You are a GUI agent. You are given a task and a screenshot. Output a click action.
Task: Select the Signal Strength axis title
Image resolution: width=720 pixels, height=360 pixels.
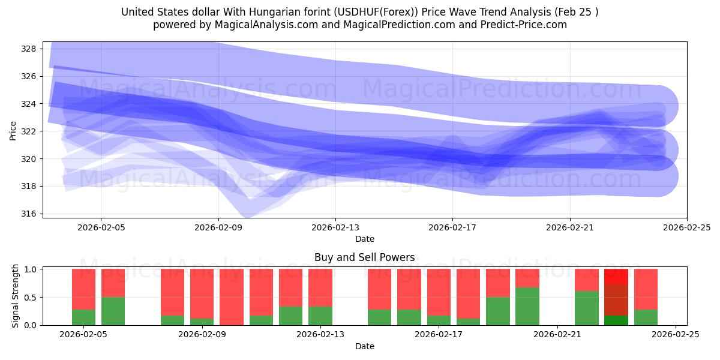[x=16, y=296]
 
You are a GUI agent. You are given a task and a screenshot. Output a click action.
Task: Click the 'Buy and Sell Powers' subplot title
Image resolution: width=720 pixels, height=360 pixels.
[x=364, y=257]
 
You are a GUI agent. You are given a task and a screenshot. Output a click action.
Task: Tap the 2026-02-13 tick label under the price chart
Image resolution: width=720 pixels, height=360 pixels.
[x=335, y=228]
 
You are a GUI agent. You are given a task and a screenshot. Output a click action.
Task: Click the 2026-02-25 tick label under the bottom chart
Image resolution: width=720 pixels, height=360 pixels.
[x=676, y=335]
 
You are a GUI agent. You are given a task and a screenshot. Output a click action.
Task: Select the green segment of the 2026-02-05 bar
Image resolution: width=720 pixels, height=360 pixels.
[x=83, y=317]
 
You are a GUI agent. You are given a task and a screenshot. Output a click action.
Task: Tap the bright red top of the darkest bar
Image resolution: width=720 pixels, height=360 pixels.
[x=616, y=277]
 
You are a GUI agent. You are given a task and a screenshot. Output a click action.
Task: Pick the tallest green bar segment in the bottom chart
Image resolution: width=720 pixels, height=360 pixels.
[x=527, y=306]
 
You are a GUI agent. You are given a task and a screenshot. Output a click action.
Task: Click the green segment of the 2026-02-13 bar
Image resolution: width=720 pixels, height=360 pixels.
[x=320, y=316]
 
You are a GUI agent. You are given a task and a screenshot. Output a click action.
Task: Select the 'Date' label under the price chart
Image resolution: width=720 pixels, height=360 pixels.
[x=364, y=239]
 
